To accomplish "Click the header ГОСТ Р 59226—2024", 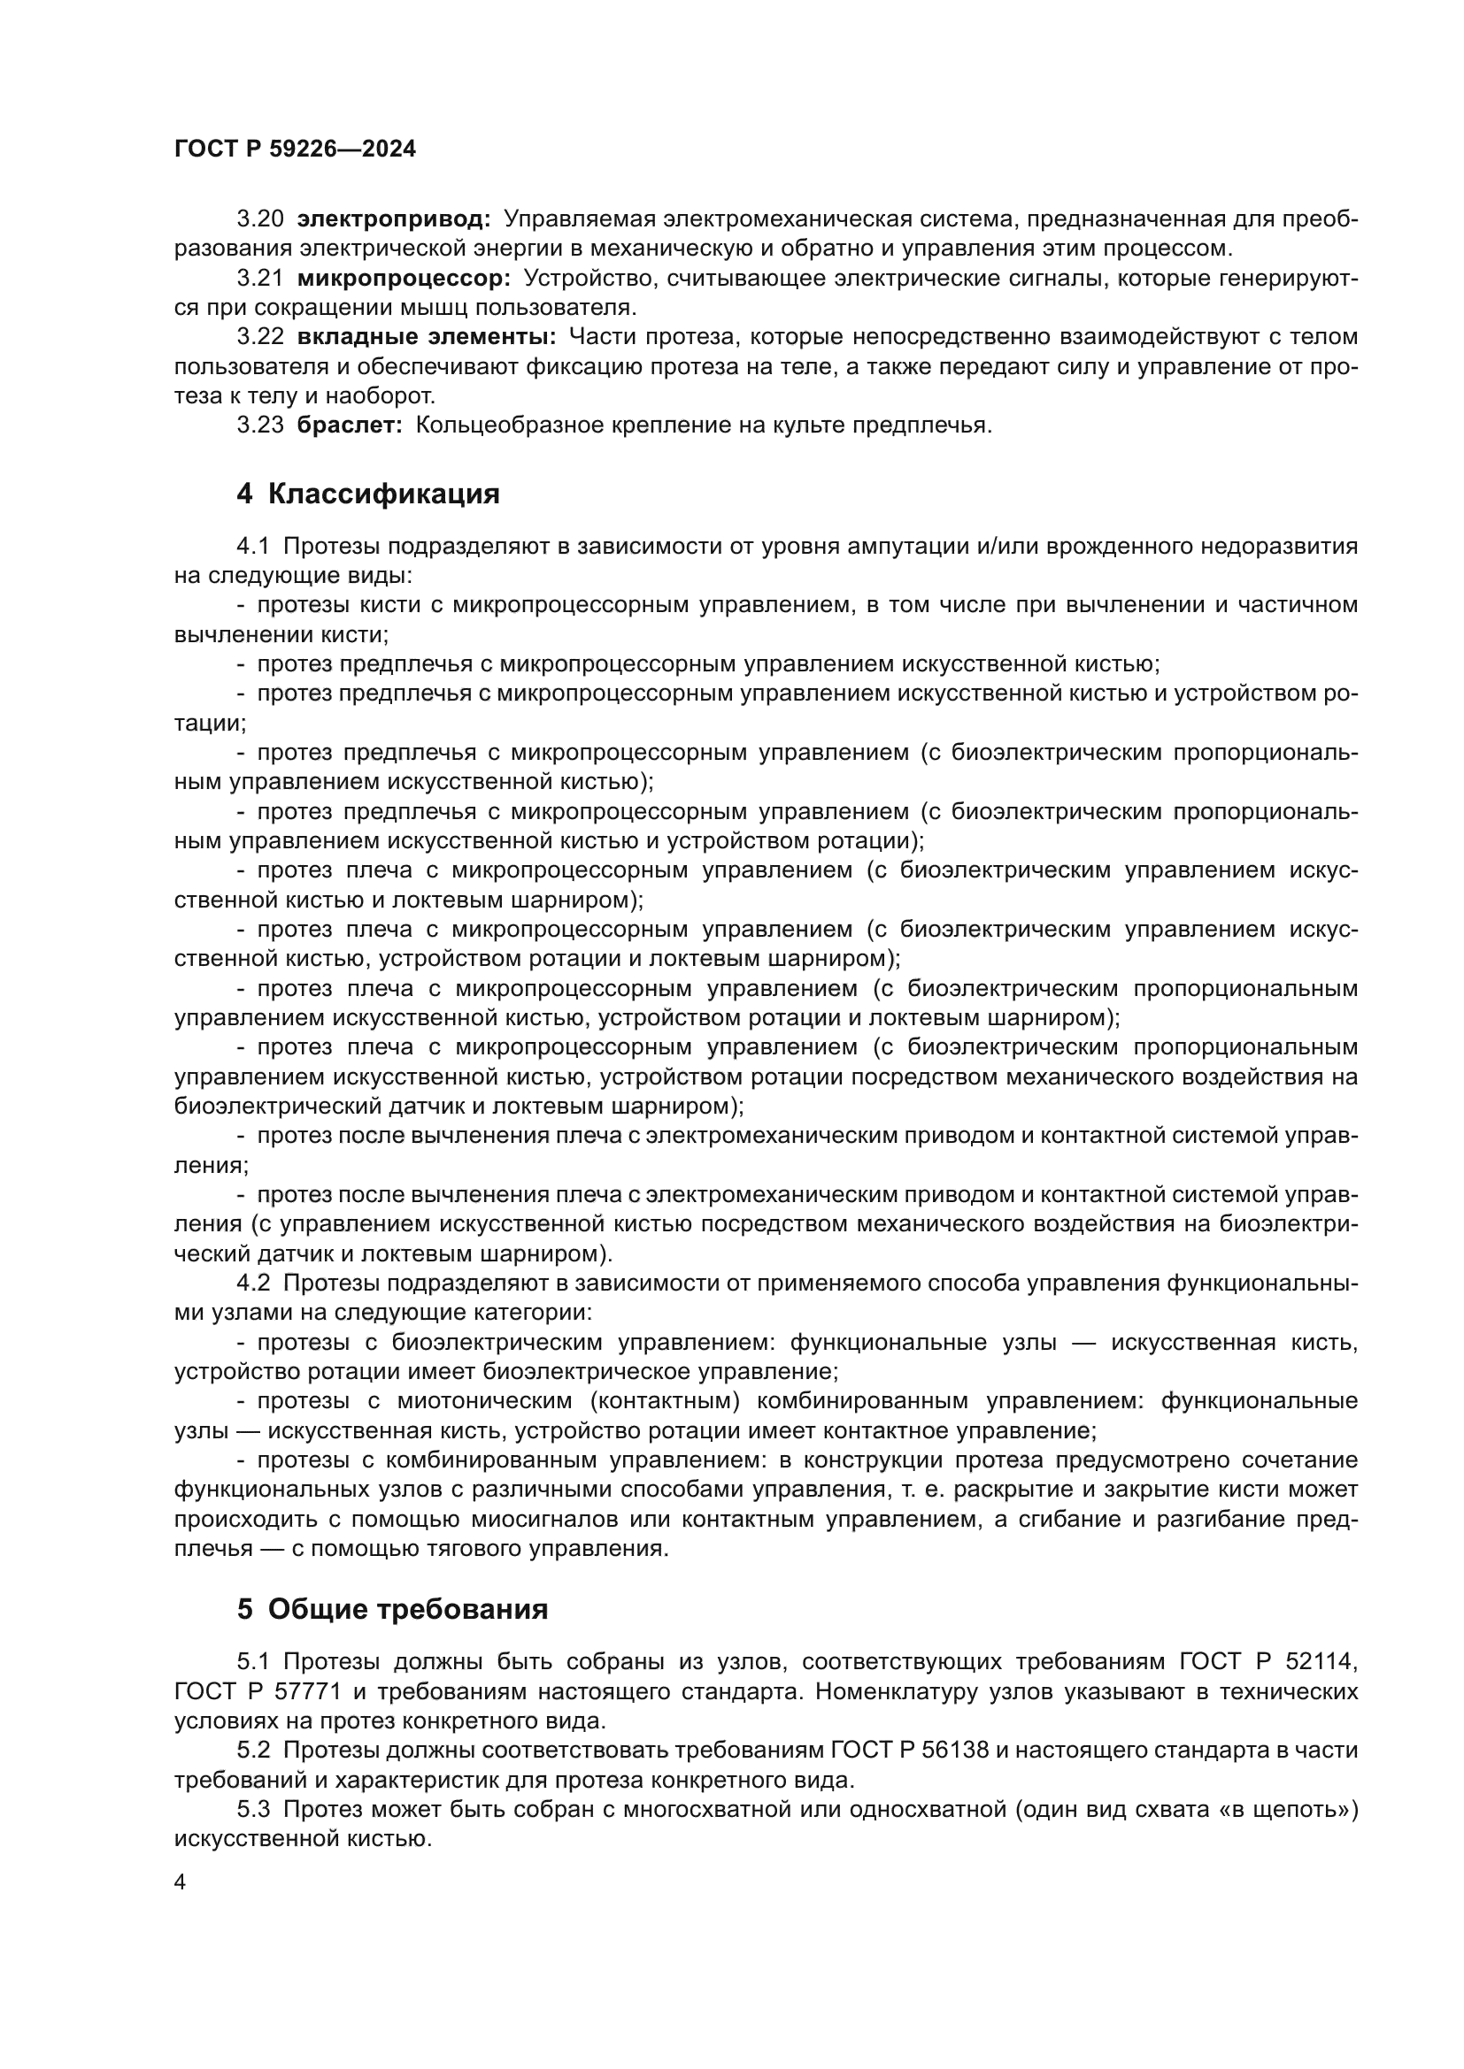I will (x=295, y=149).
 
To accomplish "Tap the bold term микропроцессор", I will (x=403, y=279).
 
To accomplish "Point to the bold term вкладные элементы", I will (x=427, y=337).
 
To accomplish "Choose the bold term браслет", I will (x=350, y=425).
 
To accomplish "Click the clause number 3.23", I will (x=259, y=425).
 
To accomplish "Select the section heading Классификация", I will (x=383, y=494).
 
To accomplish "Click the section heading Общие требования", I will (x=407, y=1609).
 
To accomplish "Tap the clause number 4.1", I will (x=252, y=546).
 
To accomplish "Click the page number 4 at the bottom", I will (x=181, y=1881).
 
